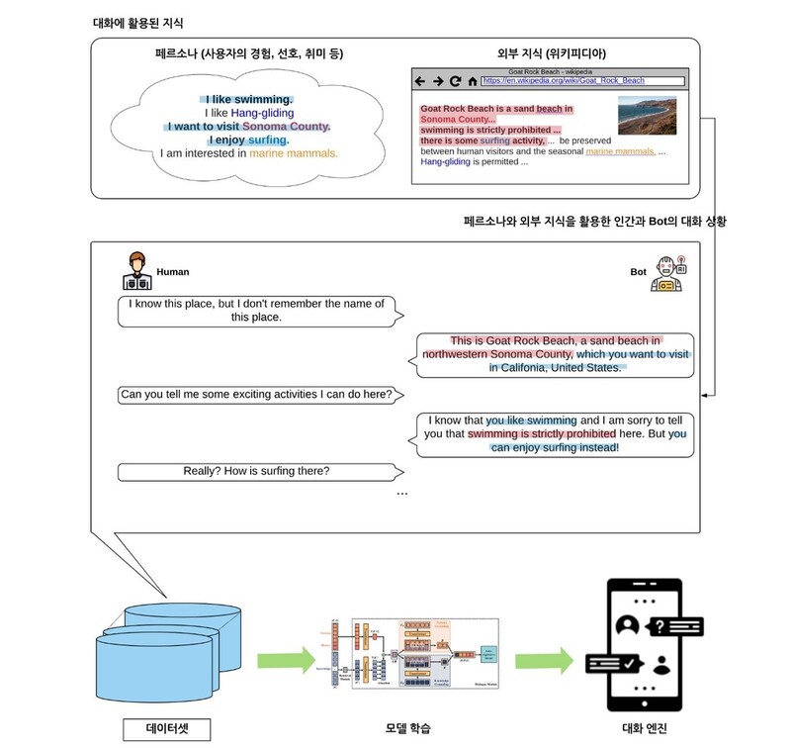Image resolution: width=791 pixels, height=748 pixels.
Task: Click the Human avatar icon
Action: click(x=137, y=270)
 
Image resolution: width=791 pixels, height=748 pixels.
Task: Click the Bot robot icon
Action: click(x=668, y=273)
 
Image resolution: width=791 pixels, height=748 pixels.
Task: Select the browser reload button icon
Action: click(x=455, y=81)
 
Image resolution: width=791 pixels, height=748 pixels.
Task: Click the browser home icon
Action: click(x=473, y=81)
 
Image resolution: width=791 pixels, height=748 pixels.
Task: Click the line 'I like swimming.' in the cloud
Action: click(x=248, y=99)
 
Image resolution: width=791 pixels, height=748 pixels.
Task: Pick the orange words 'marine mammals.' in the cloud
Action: click(x=293, y=153)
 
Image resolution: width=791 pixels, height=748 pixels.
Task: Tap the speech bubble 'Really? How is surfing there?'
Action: click(x=256, y=471)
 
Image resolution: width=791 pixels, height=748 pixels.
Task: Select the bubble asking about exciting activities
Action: click(x=256, y=395)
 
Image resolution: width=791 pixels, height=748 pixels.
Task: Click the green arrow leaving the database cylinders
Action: click(x=285, y=658)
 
